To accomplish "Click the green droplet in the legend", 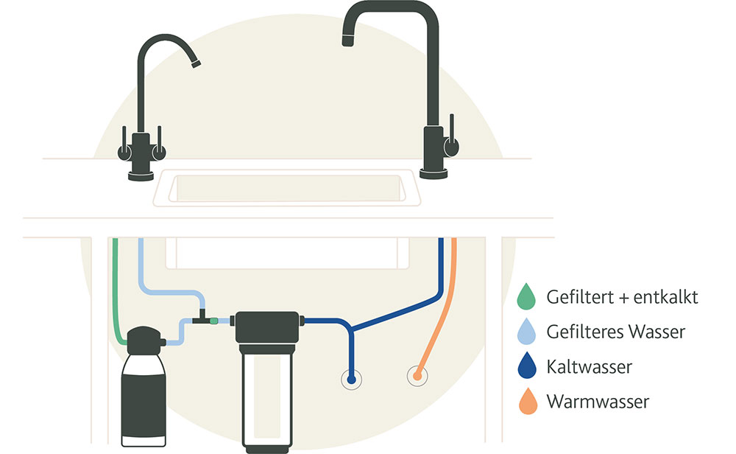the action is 526,296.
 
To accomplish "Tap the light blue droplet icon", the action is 526,331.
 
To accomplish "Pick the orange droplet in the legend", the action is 528,401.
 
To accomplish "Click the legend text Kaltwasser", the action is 589,366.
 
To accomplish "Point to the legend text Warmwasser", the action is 598,402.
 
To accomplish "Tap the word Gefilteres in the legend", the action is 585,332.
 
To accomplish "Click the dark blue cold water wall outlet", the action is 351,379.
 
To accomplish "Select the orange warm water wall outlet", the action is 417,377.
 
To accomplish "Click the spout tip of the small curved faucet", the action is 197,64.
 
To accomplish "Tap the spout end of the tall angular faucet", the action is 348,41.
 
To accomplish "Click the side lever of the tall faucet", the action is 452,136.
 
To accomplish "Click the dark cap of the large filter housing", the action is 267,327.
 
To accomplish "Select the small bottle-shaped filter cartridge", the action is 144,386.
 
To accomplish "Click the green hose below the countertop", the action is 116,291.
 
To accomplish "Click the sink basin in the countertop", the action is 286,188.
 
